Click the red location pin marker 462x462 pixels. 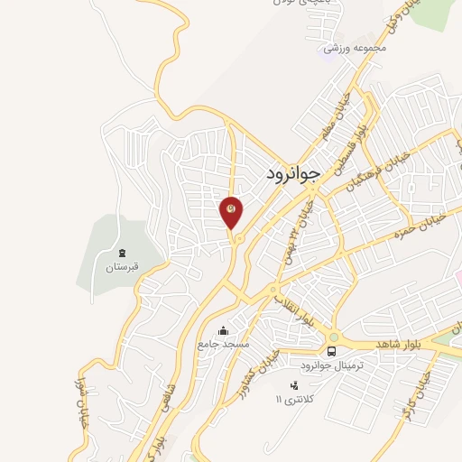pos(232,212)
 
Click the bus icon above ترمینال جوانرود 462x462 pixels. pos(332,351)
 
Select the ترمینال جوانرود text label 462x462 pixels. pos(332,367)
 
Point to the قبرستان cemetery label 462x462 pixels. pos(121,268)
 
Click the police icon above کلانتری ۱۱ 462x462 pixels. pos(292,386)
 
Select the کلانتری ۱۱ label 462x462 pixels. pos(293,398)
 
